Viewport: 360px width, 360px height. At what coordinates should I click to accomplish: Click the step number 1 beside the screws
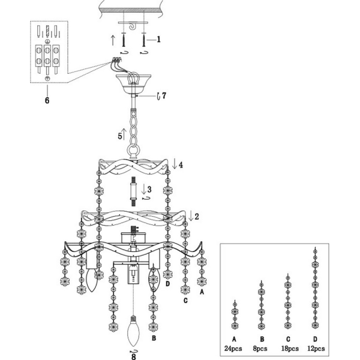click(x=158, y=40)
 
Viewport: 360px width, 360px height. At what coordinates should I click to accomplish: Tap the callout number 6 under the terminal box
click(x=47, y=100)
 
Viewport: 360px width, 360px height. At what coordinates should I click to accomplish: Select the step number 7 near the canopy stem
click(x=164, y=96)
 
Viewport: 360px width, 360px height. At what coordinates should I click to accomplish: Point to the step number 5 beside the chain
click(x=119, y=136)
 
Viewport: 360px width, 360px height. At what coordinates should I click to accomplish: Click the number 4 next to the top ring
click(x=181, y=165)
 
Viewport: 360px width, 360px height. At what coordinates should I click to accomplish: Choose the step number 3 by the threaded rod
click(x=149, y=190)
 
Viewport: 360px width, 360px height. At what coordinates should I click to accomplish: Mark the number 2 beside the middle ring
click(x=197, y=217)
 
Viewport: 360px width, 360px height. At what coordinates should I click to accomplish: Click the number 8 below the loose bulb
click(x=134, y=356)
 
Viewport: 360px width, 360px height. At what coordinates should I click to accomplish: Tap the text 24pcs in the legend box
click(x=233, y=349)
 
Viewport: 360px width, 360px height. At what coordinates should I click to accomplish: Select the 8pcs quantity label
click(x=260, y=349)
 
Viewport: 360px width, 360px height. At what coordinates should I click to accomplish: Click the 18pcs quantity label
click(x=290, y=349)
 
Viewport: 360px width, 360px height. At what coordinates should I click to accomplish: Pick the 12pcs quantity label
click(x=316, y=349)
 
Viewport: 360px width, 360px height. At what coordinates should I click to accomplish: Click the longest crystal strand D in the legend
click(x=315, y=288)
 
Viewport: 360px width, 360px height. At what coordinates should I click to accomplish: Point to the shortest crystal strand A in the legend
click(x=235, y=314)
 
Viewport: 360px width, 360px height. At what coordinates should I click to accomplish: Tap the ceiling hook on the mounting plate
click(x=133, y=26)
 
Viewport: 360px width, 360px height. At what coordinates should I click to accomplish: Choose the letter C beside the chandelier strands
click(x=185, y=301)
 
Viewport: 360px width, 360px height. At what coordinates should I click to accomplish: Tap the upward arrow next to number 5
click(x=124, y=134)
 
